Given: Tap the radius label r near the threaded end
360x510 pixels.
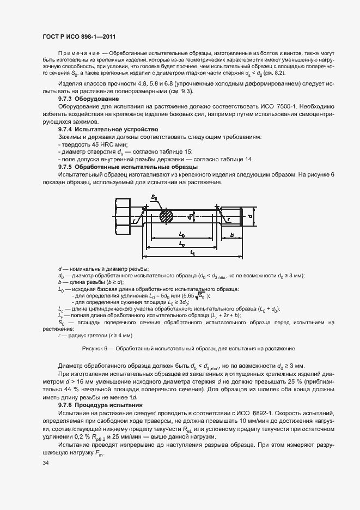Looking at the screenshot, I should point(229,220).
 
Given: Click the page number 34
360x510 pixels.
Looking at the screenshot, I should point(45,463).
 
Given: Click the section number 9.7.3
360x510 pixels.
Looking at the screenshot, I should point(66,99).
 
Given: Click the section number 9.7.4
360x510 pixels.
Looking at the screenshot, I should point(66,130).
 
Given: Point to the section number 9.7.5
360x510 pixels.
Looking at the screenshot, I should point(66,166).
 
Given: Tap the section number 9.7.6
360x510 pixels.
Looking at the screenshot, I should point(66,406).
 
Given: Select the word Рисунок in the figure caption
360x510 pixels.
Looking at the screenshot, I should point(92,348).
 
